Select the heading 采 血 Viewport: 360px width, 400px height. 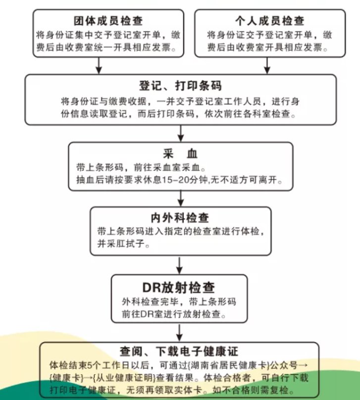180,152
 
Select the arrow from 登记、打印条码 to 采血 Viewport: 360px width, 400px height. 181,133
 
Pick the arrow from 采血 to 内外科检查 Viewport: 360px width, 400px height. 181,198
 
